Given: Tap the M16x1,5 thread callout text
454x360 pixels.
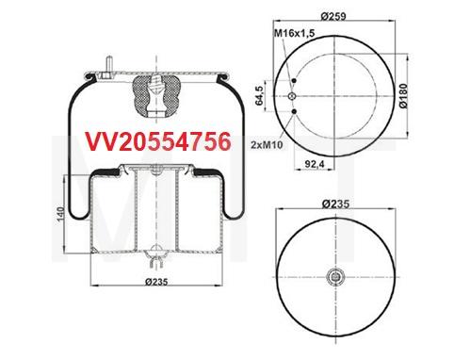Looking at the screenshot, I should pos(296,36).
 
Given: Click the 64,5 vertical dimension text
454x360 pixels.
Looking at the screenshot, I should pos(261,97).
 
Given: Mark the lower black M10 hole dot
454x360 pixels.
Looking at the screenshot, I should pos(295,113).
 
